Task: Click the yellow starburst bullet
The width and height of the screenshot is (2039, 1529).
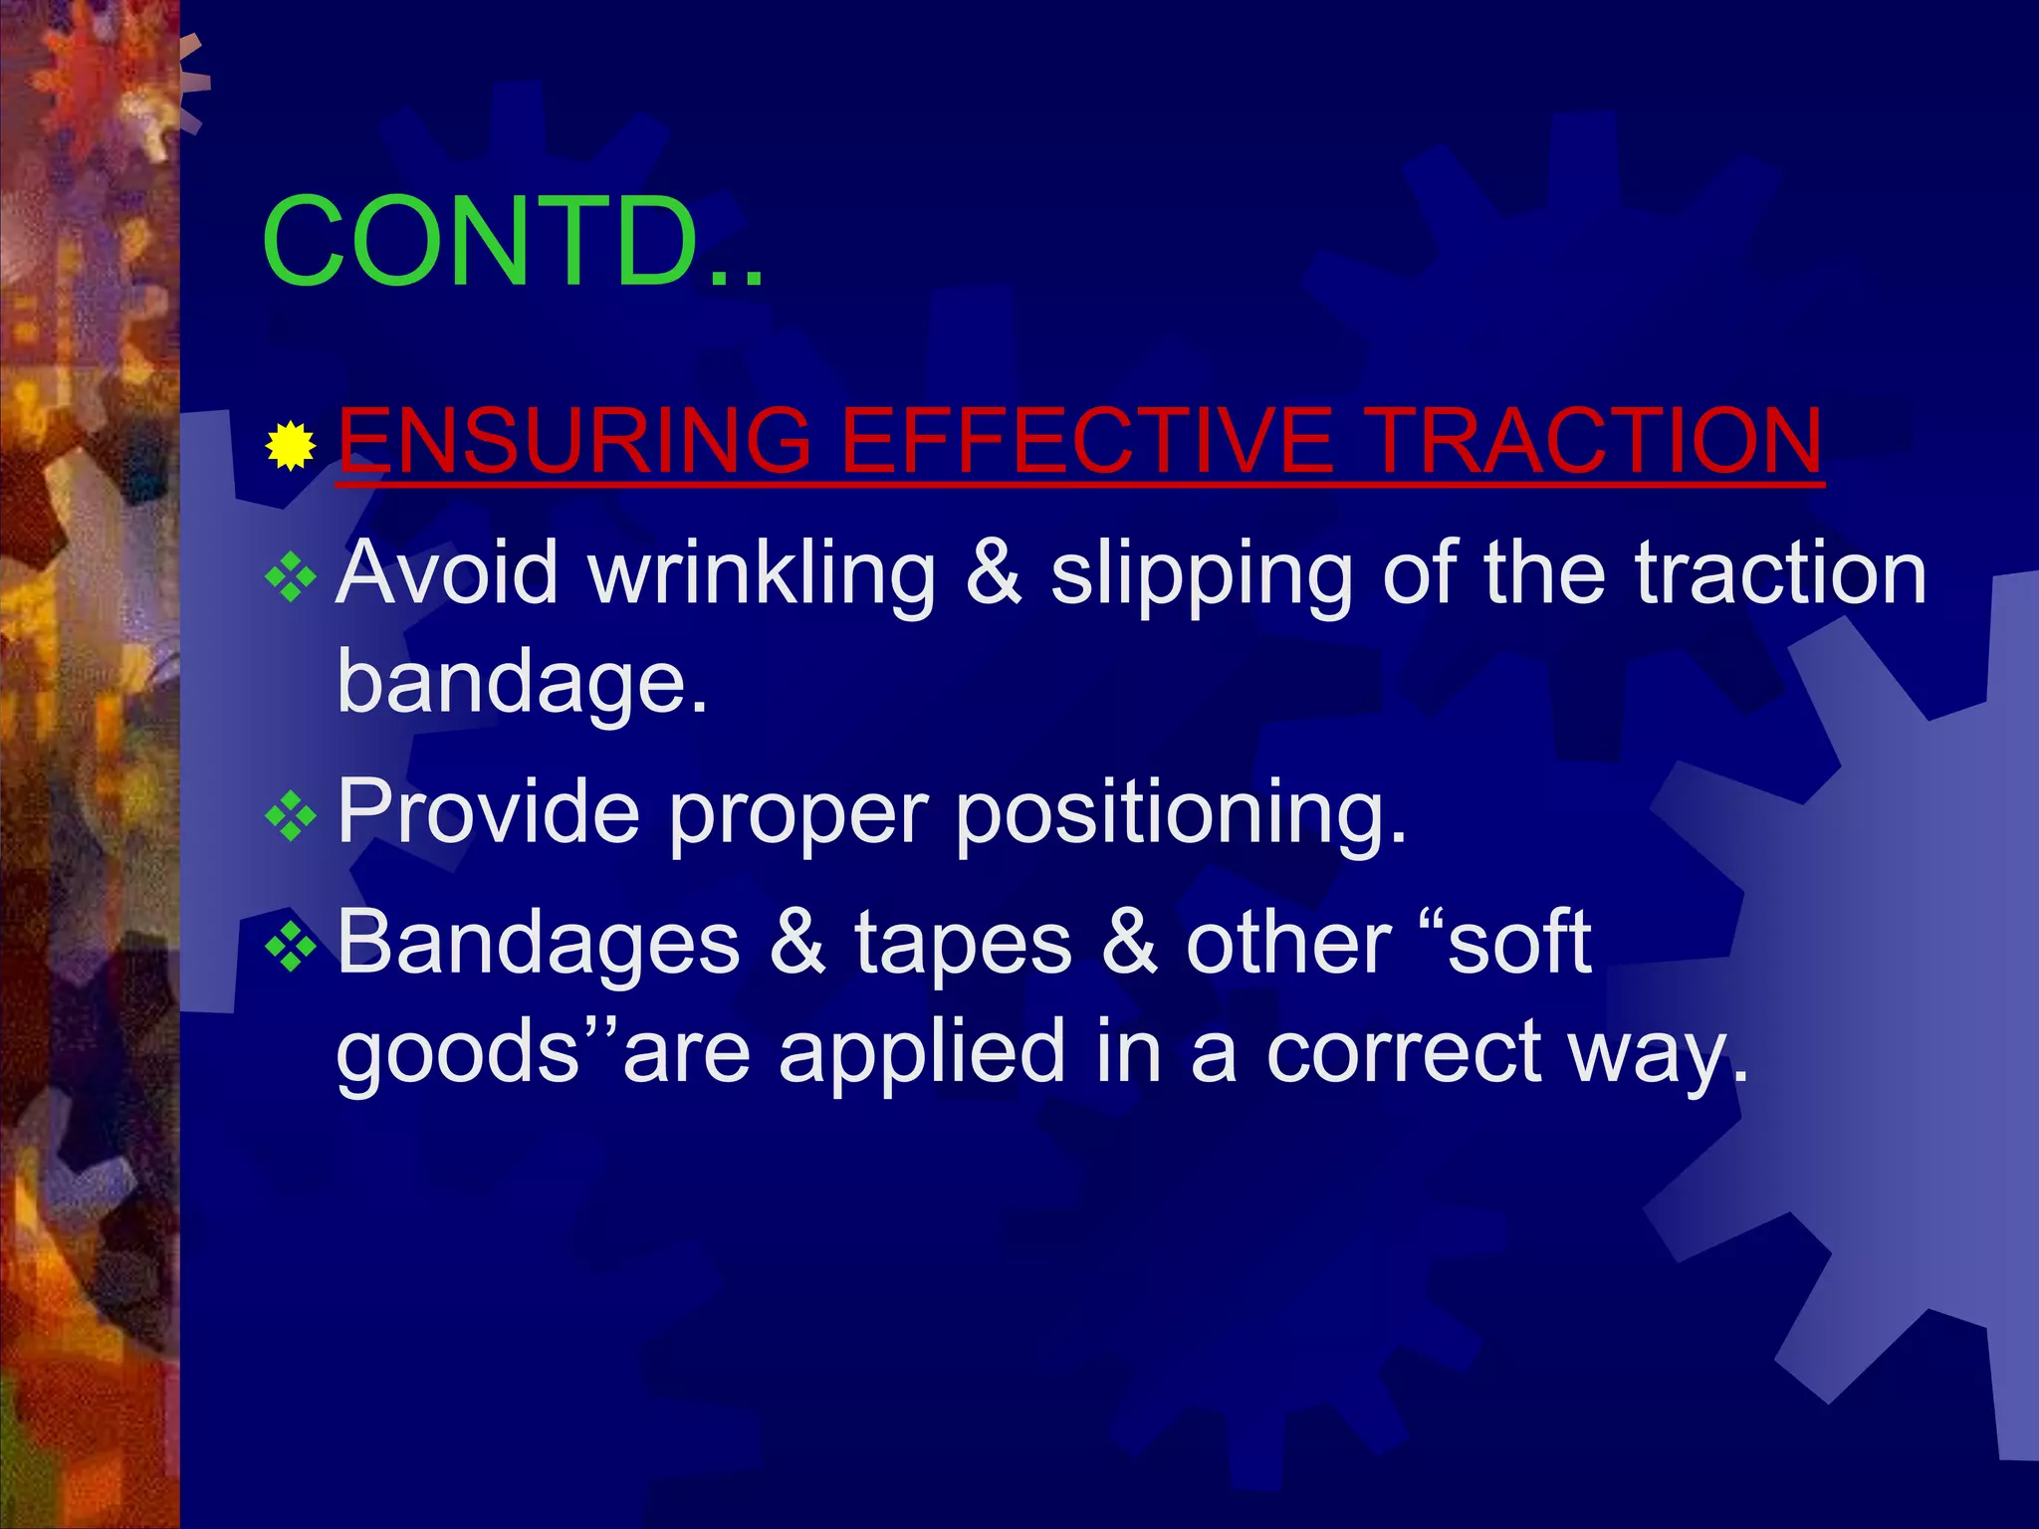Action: (291, 445)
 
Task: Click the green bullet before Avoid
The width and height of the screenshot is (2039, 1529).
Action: (291, 577)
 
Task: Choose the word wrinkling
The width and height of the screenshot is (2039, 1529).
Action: (762, 574)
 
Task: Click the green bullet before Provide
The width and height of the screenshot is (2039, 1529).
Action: (291, 816)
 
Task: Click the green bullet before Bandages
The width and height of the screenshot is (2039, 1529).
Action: (291, 948)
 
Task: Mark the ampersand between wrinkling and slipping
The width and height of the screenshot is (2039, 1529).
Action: (994, 574)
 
